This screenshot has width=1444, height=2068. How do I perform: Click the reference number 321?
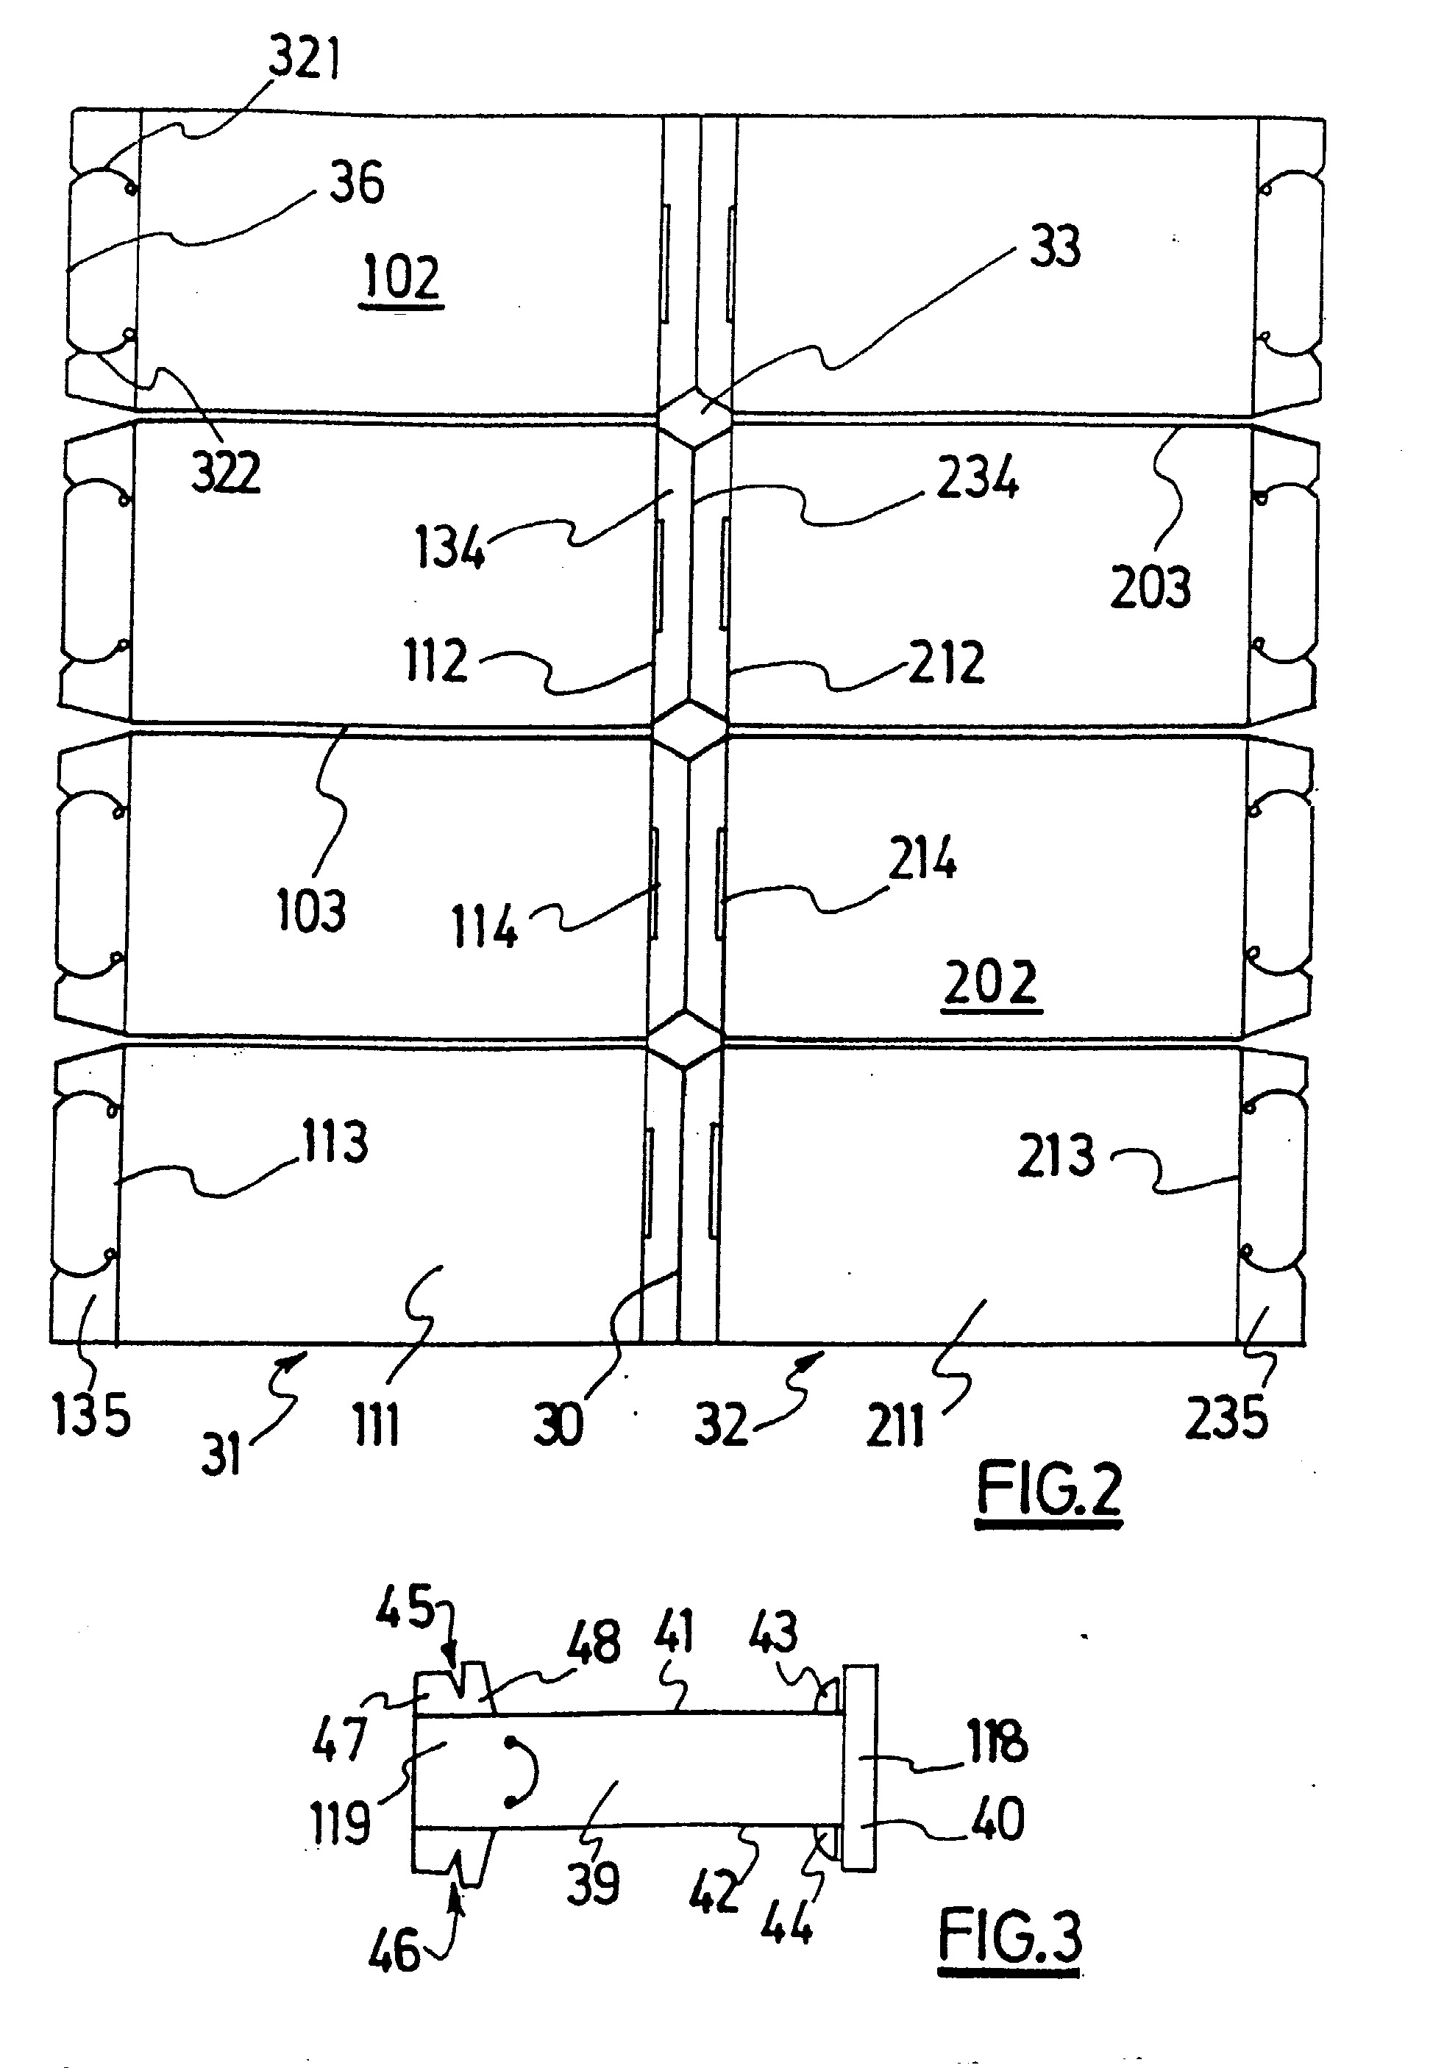[305, 61]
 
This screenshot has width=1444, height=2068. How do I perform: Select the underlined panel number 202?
[991, 983]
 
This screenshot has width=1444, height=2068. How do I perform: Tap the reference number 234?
[978, 477]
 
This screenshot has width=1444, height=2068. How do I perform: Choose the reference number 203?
[1150, 586]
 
